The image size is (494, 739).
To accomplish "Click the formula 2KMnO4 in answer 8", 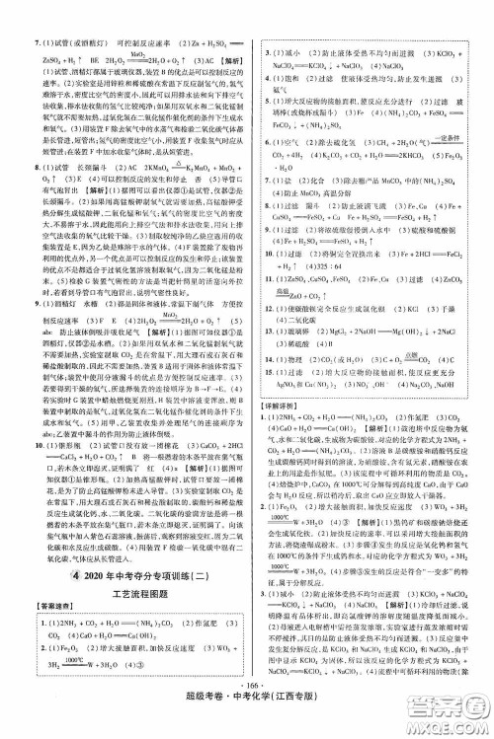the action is click(123, 171).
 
